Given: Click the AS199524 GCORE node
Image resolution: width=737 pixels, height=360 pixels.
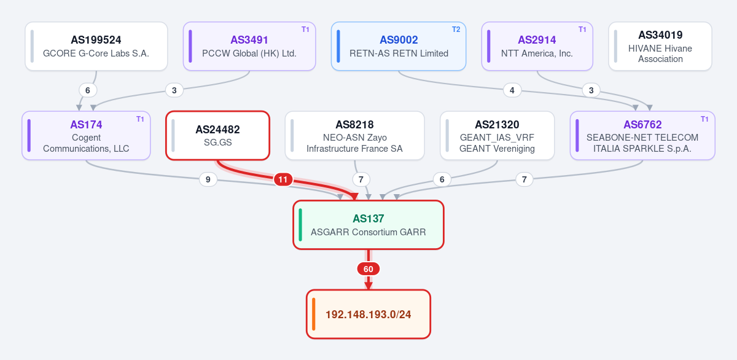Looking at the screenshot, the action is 96,46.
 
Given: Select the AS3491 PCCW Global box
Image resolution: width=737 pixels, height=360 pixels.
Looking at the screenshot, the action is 249,46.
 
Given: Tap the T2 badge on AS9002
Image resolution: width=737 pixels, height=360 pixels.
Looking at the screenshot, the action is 456,29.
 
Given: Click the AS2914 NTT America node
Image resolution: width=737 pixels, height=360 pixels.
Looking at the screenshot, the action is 537,46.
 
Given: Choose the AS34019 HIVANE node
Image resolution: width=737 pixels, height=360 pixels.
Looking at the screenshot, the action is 660,46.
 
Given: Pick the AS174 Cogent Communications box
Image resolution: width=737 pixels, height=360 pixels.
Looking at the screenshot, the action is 86,136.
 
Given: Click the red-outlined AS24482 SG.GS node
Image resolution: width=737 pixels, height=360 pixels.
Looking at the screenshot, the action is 218,136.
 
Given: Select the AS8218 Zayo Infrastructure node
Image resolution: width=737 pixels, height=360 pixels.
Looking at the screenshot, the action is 355,136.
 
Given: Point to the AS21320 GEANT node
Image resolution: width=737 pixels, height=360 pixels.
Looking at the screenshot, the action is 497,136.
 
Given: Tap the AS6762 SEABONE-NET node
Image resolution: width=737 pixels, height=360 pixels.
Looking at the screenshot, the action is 642,136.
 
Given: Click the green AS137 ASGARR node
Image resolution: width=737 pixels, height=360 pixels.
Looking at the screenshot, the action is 368,225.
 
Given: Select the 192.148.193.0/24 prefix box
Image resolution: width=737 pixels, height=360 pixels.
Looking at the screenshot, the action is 368,315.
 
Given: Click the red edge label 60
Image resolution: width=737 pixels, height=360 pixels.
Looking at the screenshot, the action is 368,269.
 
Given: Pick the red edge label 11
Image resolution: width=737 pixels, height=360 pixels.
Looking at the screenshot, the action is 283,179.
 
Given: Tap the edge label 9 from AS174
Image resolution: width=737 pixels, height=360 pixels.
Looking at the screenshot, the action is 208,179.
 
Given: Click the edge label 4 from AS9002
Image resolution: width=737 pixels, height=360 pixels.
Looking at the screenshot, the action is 512,90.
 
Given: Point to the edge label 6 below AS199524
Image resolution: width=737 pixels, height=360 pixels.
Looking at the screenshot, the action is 87,90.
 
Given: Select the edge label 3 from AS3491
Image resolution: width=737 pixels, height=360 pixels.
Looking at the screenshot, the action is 174,90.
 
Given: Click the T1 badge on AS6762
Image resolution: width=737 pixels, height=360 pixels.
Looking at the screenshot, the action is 704,119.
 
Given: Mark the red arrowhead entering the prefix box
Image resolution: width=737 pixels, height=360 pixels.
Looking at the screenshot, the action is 368,286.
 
